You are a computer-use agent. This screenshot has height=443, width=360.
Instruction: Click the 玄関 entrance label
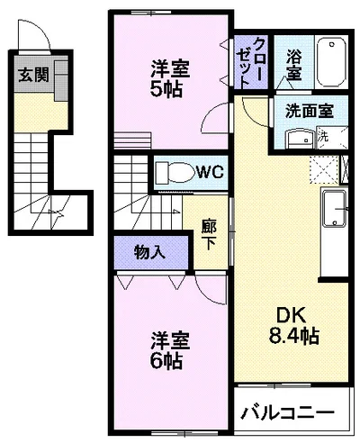tap(33, 76)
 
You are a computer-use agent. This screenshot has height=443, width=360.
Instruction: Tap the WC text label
tap(211, 172)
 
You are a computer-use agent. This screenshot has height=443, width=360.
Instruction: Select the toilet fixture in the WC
tap(175, 173)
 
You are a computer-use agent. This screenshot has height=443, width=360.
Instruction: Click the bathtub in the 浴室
tap(331, 62)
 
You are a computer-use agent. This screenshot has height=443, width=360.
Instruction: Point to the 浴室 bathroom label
tap(293, 65)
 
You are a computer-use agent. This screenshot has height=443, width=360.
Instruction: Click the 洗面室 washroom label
tap(310, 111)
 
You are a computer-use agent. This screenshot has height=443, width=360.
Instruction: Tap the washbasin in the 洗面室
tap(300, 138)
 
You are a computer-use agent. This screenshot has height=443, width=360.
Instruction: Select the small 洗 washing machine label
tap(323, 137)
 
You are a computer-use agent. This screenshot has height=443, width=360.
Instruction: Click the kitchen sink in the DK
tap(334, 209)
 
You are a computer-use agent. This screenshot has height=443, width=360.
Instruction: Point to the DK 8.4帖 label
tap(293, 325)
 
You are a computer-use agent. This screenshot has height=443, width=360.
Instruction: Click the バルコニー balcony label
tap(288, 413)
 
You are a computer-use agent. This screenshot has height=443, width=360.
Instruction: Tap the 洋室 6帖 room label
tap(169, 350)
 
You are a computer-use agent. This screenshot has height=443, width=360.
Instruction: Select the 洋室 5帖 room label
tap(169, 78)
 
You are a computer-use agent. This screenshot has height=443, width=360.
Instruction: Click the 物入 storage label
tap(149, 252)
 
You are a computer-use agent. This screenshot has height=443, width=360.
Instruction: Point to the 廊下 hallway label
tap(209, 235)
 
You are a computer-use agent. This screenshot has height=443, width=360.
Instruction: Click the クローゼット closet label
tap(251, 62)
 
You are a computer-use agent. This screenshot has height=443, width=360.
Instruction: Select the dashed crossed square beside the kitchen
tap(325, 169)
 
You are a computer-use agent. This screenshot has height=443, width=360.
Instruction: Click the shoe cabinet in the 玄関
tap(61, 80)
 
